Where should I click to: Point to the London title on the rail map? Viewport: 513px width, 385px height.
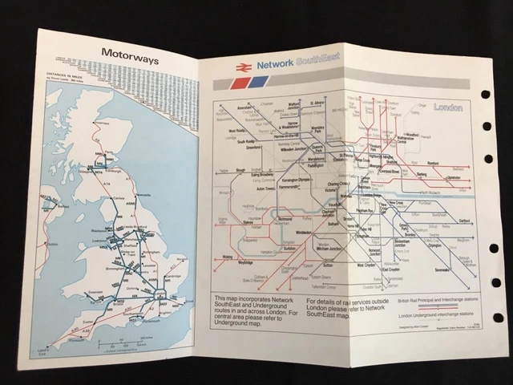(x=446, y=107)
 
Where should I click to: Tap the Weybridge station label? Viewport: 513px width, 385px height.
(x=231, y=261)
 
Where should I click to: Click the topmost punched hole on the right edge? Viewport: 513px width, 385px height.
(x=486, y=94)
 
